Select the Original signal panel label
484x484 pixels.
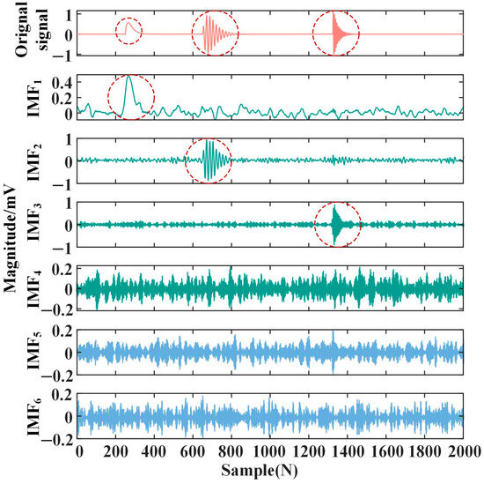click(19, 34)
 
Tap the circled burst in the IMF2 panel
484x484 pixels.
click(209, 160)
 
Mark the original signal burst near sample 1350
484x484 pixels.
click(336, 34)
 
